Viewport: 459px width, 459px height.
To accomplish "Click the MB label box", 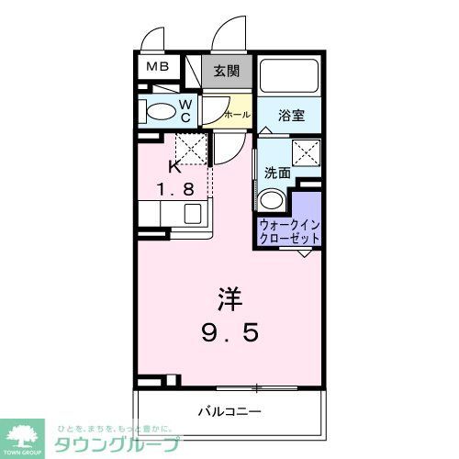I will (155, 67).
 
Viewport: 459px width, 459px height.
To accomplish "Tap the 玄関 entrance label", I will (228, 71).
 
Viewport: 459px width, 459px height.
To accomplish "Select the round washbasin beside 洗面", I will (271, 200).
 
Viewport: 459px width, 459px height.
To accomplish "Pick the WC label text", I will (185, 110).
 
